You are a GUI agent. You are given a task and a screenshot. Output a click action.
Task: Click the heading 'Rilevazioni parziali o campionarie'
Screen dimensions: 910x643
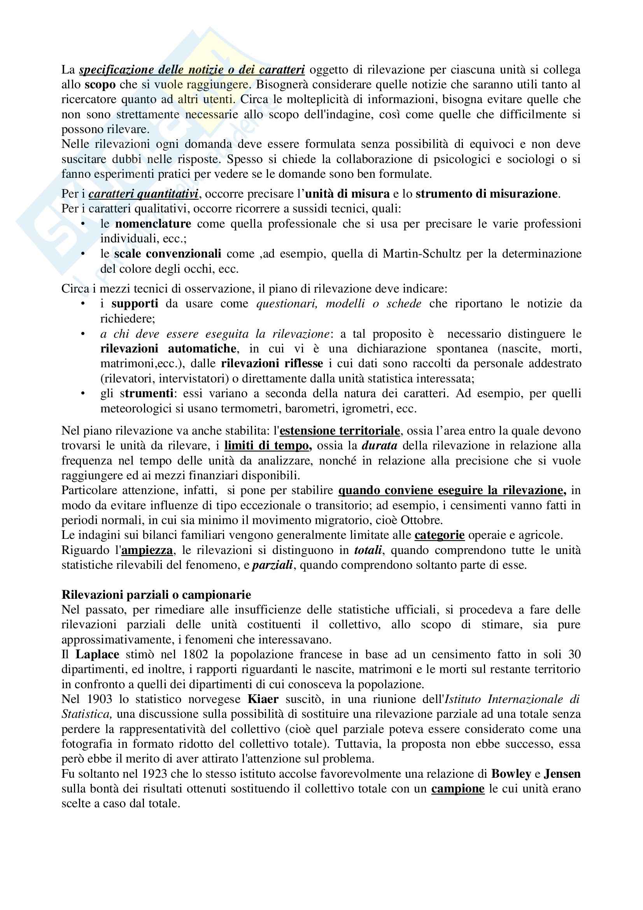tap(156, 595)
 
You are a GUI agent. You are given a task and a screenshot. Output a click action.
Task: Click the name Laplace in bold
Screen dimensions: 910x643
tap(97, 654)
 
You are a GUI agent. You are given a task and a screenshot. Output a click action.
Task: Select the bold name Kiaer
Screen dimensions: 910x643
tap(263, 699)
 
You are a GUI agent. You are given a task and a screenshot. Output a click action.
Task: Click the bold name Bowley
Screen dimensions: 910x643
tap(511, 773)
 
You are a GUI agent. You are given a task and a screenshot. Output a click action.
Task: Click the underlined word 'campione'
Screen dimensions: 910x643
tap(457, 788)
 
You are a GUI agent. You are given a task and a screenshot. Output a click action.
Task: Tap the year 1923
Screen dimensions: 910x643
tap(151, 773)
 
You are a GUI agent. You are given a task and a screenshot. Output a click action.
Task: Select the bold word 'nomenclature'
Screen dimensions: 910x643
tap(153, 224)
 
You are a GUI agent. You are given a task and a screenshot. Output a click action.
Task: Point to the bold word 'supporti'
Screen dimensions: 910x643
tap(135, 303)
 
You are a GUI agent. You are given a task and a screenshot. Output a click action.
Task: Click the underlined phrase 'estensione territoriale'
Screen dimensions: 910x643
tap(340, 430)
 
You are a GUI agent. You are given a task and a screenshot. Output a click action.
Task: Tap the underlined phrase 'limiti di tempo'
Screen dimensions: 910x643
tap(268, 445)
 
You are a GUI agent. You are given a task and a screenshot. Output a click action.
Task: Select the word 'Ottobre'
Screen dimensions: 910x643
tap(422, 520)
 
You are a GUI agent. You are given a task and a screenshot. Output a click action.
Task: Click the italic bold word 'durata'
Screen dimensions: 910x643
tap(379, 445)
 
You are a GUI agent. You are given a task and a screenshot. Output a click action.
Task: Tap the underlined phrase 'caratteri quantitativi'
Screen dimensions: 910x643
tap(143, 194)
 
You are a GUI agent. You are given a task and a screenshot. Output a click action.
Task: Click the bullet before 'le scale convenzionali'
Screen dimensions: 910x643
tap(83, 254)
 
